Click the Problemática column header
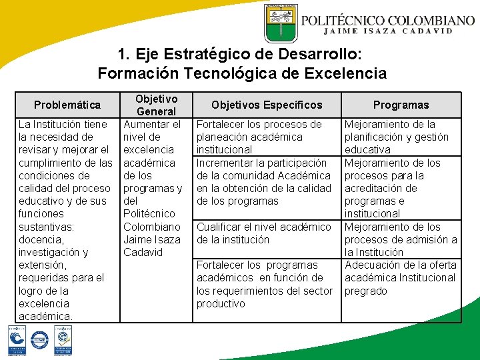pos(67,105)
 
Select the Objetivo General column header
pos(156,105)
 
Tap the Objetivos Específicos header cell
pos(267,105)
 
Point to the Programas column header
pos(401,105)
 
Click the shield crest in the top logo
pos(281,25)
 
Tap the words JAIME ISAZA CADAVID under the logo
pos(389,31)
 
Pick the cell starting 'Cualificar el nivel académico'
pos(263,233)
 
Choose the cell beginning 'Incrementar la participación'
pos(263,181)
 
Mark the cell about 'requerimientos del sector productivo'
pos(264,284)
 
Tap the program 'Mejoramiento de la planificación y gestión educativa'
pos(397,137)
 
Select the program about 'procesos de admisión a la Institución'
pos(400,239)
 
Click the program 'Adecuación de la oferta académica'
pos(400,277)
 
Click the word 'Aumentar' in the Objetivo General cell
pos(153,124)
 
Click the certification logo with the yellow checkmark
pos(63,341)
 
